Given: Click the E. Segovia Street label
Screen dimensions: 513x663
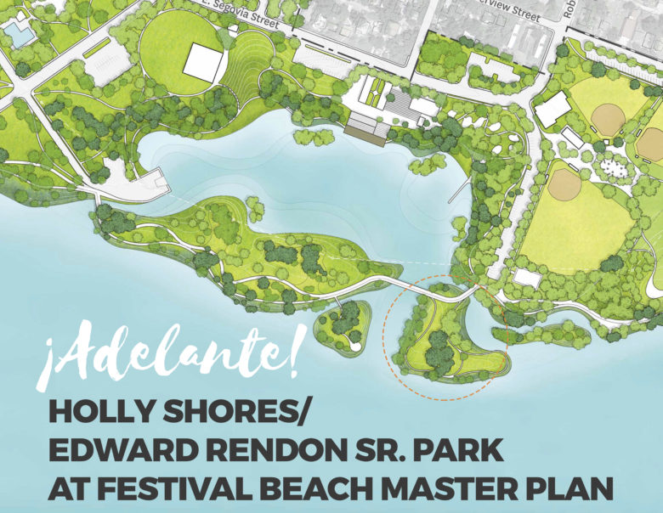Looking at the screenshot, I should (x=241, y=12).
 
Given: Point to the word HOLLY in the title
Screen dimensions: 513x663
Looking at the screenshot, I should (x=108, y=411).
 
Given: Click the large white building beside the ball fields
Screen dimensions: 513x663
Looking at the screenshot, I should (x=553, y=109).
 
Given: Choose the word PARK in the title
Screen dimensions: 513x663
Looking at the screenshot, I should (x=459, y=451).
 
